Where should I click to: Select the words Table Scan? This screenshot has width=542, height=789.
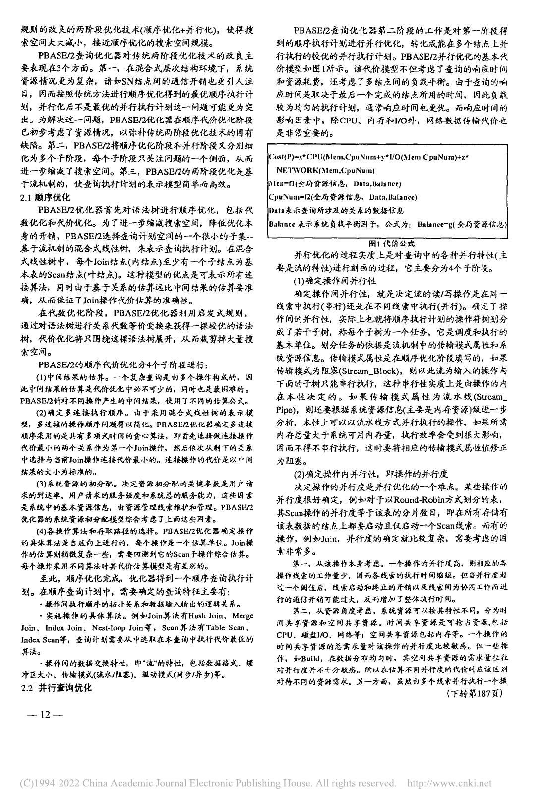coord(232,628)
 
